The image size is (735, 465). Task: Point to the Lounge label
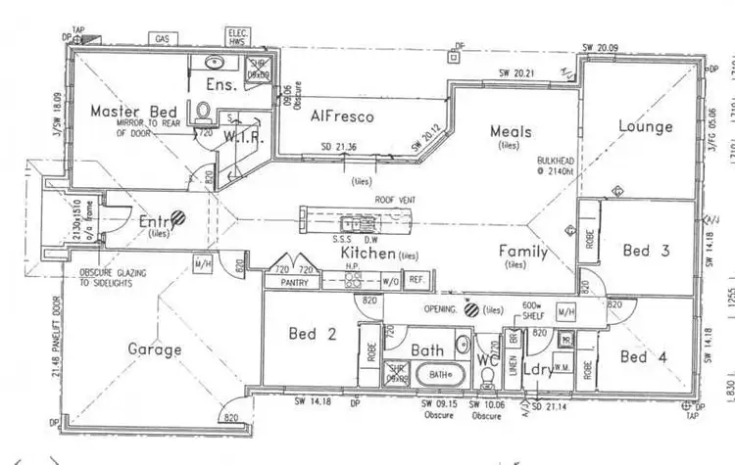645,126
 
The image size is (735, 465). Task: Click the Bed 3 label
646,251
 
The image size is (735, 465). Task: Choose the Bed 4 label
646,356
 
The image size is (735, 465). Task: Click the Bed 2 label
313,335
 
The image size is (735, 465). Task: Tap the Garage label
155,349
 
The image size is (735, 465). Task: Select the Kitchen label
367,254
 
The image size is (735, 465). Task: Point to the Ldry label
537,371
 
